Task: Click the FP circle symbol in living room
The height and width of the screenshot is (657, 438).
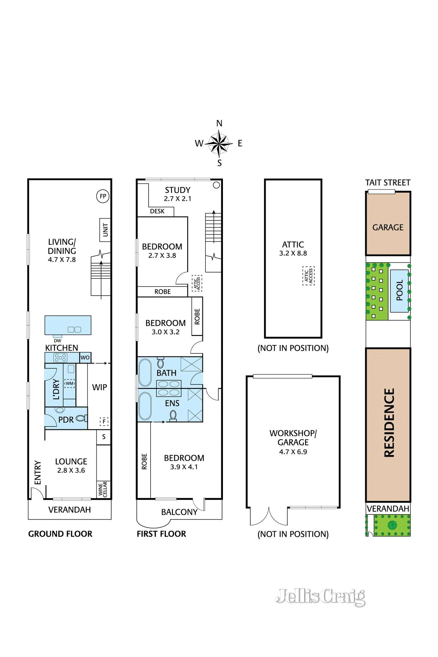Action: tap(103, 196)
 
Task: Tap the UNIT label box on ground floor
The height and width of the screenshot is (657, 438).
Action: tap(105, 230)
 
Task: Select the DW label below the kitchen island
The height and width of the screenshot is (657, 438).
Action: tap(57, 341)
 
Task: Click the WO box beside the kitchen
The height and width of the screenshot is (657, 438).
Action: tap(85, 357)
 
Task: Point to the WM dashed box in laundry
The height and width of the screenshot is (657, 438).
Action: tap(70, 383)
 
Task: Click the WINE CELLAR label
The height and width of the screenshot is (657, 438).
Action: tap(103, 489)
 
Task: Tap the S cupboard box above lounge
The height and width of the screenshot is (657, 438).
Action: tap(103, 436)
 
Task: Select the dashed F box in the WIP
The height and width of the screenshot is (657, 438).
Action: tap(104, 421)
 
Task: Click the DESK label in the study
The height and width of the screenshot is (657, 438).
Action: tap(157, 211)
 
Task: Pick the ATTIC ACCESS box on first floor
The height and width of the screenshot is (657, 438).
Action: tap(197, 283)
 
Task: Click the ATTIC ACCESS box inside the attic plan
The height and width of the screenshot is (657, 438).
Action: tap(308, 276)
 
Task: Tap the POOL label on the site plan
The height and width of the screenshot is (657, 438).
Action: tap(399, 290)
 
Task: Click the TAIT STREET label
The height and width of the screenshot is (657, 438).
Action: tap(388, 183)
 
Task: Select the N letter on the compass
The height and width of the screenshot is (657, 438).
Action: tap(219, 123)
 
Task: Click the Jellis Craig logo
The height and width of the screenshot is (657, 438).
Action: tap(320, 597)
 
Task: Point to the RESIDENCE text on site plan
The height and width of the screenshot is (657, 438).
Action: tap(389, 423)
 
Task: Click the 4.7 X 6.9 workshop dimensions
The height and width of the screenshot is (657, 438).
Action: tap(293, 452)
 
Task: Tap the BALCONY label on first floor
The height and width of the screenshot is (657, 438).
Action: tap(179, 512)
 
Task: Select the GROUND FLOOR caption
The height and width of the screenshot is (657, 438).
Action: tap(60, 534)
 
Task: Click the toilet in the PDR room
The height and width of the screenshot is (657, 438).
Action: tap(81, 418)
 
